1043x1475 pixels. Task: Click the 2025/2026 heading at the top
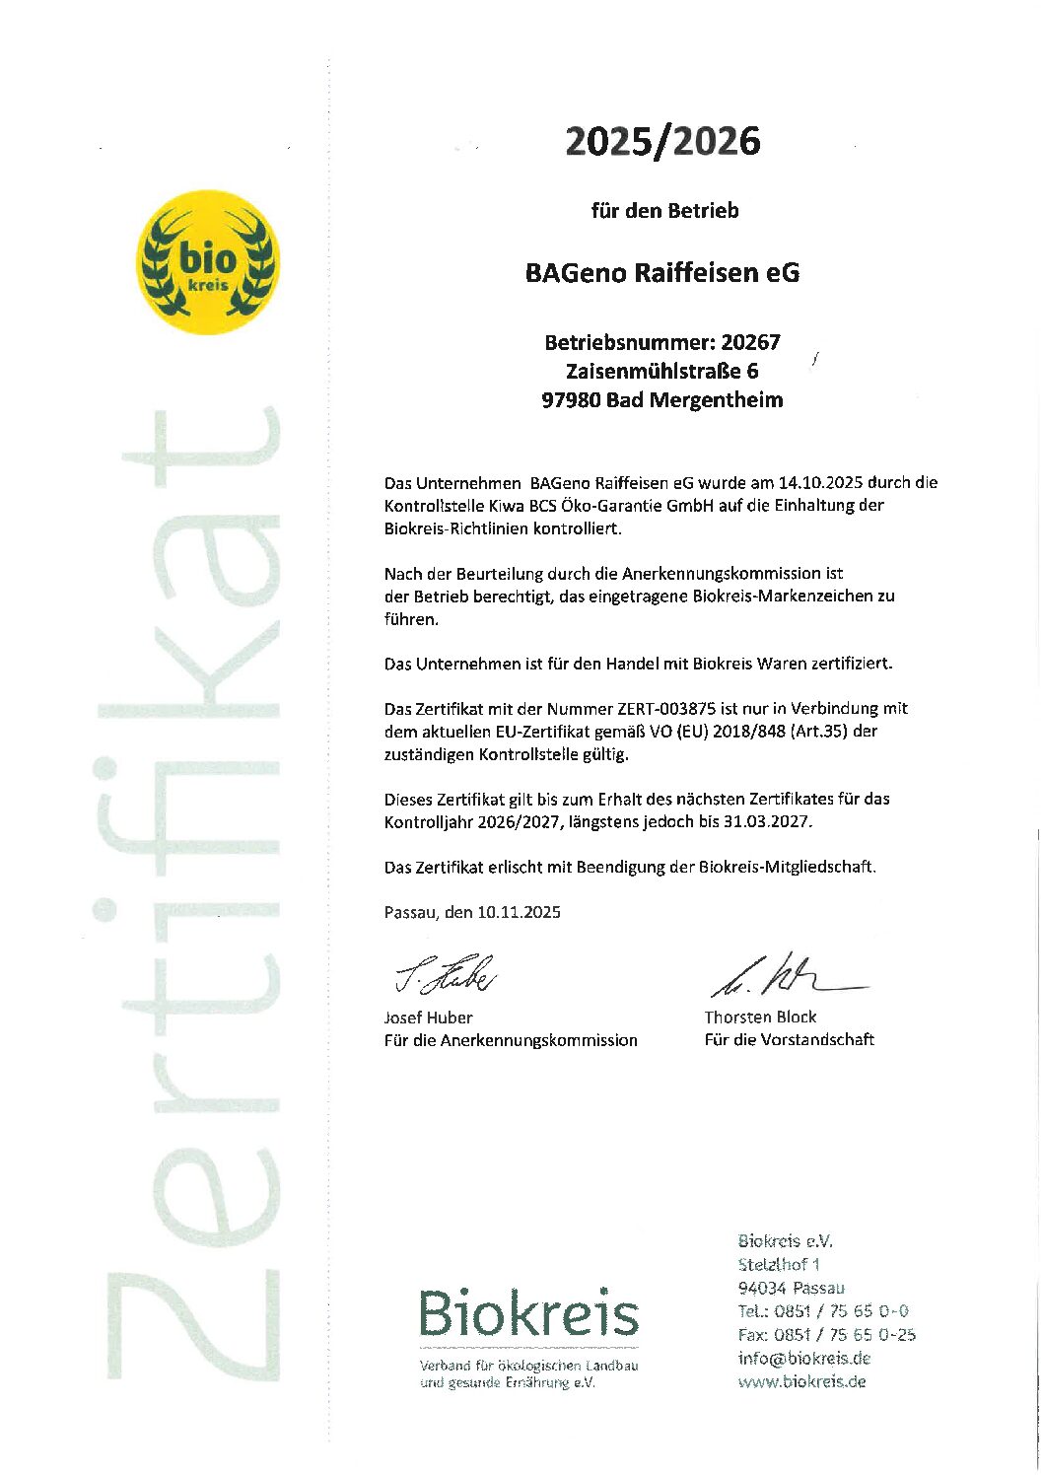pyautogui.click(x=662, y=142)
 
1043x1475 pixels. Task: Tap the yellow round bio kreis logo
pyautogui.click(x=207, y=262)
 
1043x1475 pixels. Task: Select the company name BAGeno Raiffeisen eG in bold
pyautogui.click(x=662, y=273)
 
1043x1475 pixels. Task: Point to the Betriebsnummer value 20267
pyautogui.click(x=750, y=342)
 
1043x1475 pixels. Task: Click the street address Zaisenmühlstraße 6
pyautogui.click(x=662, y=371)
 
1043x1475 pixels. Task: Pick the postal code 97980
pyautogui.click(x=571, y=399)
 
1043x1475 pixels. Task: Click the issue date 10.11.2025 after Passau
pyautogui.click(x=519, y=912)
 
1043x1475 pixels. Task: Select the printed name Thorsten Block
pyautogui.click(x=760, y=1017)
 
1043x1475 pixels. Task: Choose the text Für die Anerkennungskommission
pyautogui.click(x=510, y=1040)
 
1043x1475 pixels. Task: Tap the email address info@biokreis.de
pyautogui.click(x=803, y=1358)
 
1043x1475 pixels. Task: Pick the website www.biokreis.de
pyautogui.click(x=801, y=1381)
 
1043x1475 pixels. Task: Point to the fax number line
pyautogui.click(x=826, y=1334)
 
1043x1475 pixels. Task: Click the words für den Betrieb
pyautogui.click(x=664, y=210)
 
